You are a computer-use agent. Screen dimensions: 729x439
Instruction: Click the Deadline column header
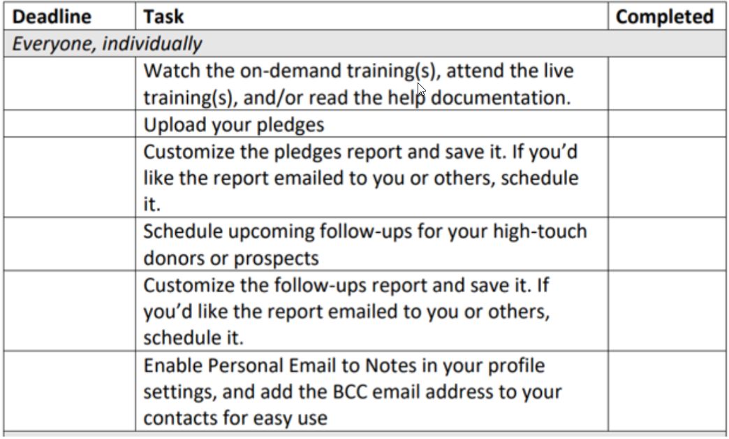click(52, 17)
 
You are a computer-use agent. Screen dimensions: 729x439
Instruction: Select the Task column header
click(163, 17)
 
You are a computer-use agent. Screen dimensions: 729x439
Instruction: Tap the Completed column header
click(664, 17)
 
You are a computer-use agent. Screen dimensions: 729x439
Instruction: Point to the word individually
click(152, 44)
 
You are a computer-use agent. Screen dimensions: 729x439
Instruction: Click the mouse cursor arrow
click(421, 89)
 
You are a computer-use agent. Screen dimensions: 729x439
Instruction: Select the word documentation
click(501, 98)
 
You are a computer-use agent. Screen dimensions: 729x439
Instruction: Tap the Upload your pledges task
click(234, 124)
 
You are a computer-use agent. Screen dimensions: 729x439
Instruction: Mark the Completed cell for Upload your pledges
click(667, 124)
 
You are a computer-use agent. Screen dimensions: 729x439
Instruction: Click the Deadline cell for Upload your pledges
click(70, 124)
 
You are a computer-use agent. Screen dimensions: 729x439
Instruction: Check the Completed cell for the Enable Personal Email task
click(667, 391)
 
